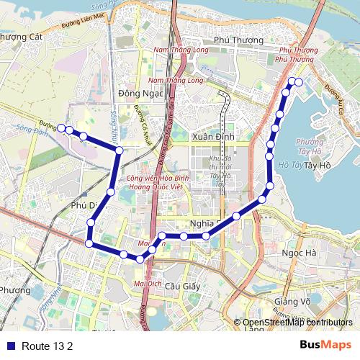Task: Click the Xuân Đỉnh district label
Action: click(x=210, y=136)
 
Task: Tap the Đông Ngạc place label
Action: click(x=139, y=93)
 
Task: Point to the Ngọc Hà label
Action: click(x=300, y=253)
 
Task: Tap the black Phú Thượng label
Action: click(x=233, y=41)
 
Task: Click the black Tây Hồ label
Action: click(x=317, y=165)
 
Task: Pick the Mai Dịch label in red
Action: click(x=148, y=284)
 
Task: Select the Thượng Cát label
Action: click(x=22, y=37)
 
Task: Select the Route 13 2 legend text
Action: click(x=48, y=346)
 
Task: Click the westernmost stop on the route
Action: click(x=61, y=128)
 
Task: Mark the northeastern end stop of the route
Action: click(x=298, y=81)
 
